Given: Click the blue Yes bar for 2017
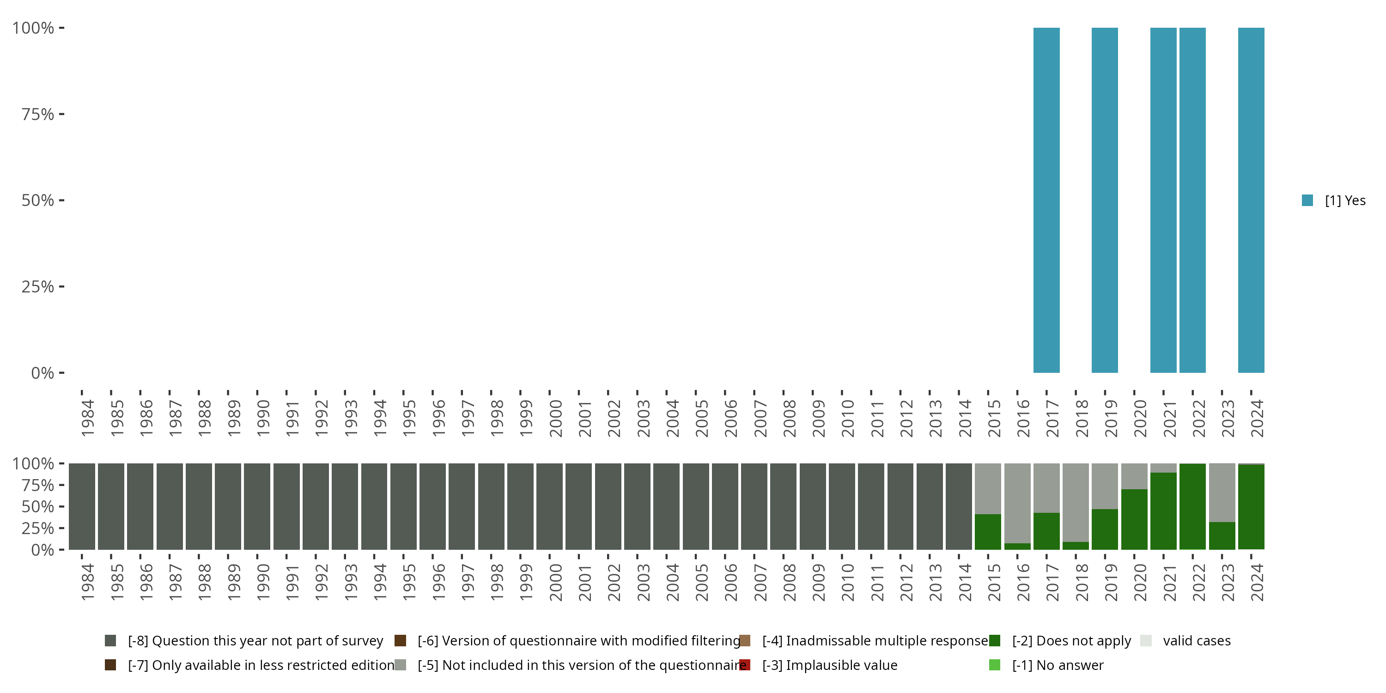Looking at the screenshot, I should (x=1046, y=200).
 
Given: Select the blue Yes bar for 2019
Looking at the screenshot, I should (x=1105, y=200).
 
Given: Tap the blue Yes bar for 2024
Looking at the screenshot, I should (x=1251, y=200).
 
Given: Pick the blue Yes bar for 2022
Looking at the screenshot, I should (x=1192, y=200).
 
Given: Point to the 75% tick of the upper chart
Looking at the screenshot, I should (x=38, y=114).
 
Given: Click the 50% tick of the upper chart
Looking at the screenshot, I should (x=38, y=200).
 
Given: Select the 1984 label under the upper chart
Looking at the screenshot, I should (x=88, y=418).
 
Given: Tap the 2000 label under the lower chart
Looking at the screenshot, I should (x=556, y=582).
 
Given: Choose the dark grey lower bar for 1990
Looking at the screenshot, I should (x=257, y=506).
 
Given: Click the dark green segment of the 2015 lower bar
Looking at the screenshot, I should (x=988, y=532).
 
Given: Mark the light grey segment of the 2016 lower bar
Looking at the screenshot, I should (x=1017, y=503).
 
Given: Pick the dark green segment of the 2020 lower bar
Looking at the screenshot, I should (x=1134, y=519).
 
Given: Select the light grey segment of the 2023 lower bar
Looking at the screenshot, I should (x=1222, y=492).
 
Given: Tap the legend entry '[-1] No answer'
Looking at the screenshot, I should (x=1057, y=665).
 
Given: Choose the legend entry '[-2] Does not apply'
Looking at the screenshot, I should (x=1071, y=641).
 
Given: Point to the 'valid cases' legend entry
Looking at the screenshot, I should (x=1196, y=641).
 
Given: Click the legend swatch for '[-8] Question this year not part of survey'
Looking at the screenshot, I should (x=110, y=641).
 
